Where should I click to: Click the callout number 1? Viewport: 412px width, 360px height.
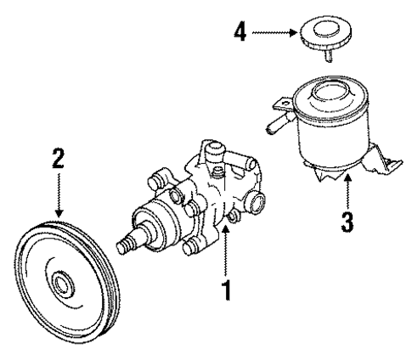point(226,290)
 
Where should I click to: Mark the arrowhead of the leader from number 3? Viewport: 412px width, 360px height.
point(347,175)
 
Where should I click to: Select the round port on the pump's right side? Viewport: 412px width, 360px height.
point(257,205)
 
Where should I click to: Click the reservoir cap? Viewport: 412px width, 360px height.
point(320,34)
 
